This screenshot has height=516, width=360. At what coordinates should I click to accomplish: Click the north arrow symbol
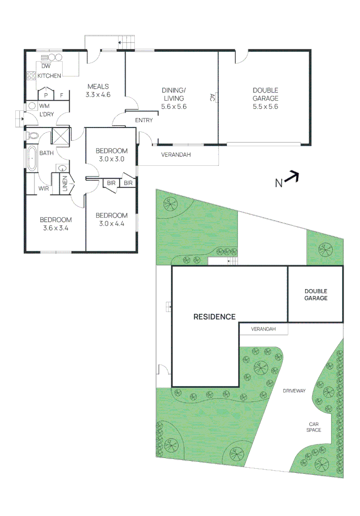(293, 178)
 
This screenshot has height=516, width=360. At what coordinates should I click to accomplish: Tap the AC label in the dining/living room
(212, 97)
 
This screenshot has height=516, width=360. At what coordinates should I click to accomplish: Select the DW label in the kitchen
(46, 66)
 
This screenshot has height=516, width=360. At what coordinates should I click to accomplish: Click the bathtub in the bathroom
(32, 159)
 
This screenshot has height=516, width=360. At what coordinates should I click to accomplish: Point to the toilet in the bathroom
(33, 136)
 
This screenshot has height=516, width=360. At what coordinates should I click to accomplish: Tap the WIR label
(44, 189)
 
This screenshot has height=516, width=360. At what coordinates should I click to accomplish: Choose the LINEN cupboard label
(65, 184)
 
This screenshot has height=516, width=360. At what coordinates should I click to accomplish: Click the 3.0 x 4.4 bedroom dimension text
(111, 224)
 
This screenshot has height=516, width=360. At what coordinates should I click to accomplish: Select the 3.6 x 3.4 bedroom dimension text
(55, 228)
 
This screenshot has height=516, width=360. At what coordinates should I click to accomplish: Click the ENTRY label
(144, 120)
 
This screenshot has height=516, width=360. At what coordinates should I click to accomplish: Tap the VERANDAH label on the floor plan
(176, 155)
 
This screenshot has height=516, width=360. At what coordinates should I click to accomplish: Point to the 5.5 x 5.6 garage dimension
(265, 107)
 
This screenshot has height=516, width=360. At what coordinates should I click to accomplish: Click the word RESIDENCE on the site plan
(214, 316)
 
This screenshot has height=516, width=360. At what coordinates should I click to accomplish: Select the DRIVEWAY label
(294, 391)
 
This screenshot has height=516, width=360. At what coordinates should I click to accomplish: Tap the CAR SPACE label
(314, 427)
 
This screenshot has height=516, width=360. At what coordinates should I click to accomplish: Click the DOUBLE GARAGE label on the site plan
(316, 294)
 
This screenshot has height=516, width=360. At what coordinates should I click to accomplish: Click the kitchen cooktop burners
(31, 75)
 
